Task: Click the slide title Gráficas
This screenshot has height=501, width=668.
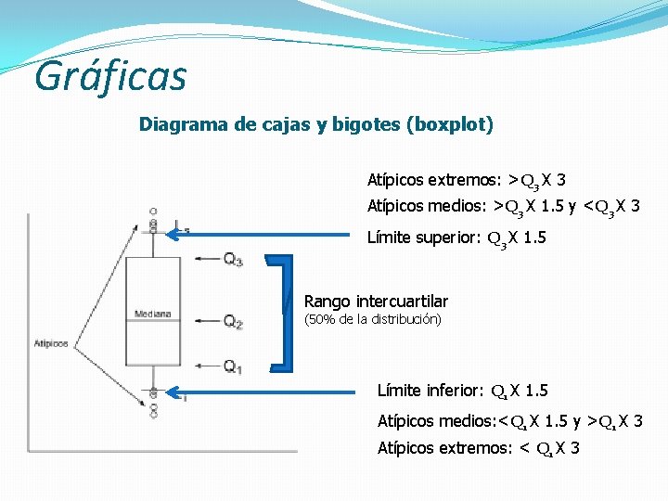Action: click(x=110, y=76)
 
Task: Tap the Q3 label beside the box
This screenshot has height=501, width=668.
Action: click(x=233, y=261)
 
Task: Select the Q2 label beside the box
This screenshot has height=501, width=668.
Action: click(x=233, y=322)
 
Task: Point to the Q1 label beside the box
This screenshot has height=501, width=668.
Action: click(x=233, y=367)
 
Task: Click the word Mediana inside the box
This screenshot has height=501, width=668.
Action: click(x=152, y=314)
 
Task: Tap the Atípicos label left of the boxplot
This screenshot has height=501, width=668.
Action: click(x=51, y=343)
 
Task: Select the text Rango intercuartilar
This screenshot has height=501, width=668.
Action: click(x=376, y=302)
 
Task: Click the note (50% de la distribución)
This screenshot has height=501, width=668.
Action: click(x=373, y=320)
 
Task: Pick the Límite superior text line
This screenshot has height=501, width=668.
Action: click(x=456, y=238)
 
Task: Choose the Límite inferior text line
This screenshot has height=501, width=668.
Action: click(x=462, y=391)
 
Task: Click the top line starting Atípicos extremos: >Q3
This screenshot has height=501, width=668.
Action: click(x=467, y=180)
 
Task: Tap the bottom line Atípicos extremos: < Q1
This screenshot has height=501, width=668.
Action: click(x=479, y=448)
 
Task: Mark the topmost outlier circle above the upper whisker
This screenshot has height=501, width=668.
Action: click(x=153, y=211)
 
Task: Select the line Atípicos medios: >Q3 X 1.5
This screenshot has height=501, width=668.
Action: click(x=503, y=206)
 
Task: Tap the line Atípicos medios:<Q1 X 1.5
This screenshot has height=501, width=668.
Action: click(x=509, y=421)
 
